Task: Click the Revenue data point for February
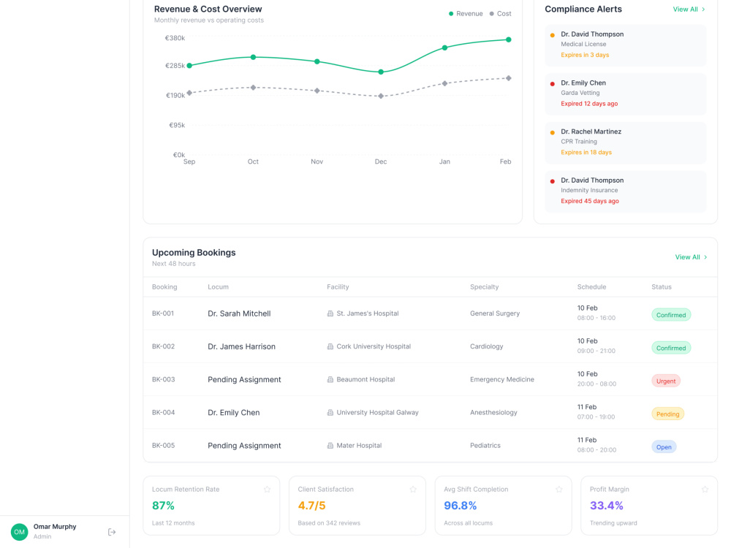508,39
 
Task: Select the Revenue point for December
381,72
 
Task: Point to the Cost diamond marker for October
253,88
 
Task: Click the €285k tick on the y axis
175,66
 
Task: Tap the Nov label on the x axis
317,161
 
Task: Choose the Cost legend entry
500,14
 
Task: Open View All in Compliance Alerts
689,9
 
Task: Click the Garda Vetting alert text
580,93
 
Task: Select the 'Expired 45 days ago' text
590,202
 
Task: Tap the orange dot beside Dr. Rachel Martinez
553,132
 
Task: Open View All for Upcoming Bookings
691,257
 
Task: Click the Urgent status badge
666,381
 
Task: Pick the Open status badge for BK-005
664,447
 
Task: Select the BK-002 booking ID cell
163,346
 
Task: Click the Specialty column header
485,287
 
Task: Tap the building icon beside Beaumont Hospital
330,380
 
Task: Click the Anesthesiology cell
493,412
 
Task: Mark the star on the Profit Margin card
705,490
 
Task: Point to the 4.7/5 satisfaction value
311,506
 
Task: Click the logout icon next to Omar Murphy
112,532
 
